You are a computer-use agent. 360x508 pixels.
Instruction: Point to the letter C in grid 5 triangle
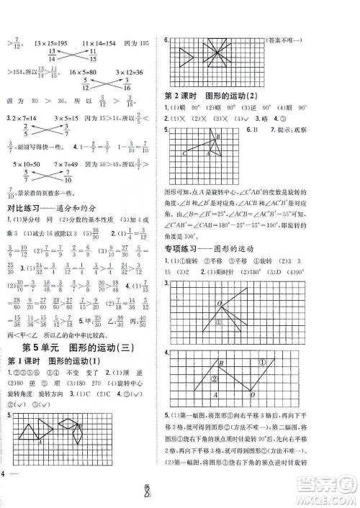pos(184,153)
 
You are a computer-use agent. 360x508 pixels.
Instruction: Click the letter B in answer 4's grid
pos(220,364)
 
